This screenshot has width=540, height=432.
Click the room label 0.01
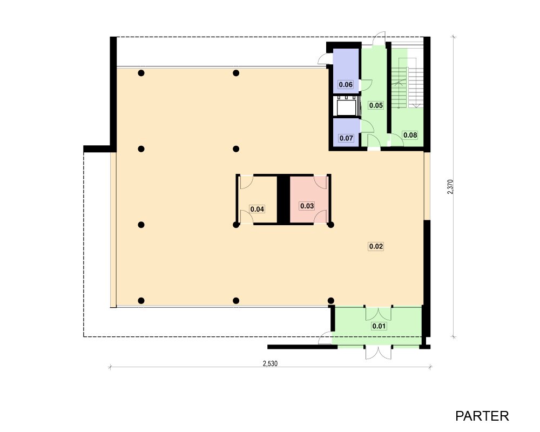tap(379, 326)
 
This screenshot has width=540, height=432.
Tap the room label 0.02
tap(376, 246)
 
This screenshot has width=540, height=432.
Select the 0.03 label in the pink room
tap(307, 206)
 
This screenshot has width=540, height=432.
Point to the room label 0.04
tap(257, 209)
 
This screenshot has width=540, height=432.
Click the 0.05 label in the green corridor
tap(376, 105)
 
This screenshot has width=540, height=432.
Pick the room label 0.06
tap(346, 85)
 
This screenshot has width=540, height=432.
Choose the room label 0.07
tap(346, 138)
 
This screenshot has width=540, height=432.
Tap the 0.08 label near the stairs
tap(410, 135)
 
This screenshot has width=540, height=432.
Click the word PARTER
tap(482, 416)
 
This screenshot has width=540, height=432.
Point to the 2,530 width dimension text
tap(270, 363)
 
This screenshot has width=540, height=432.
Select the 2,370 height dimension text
tap(450, 187)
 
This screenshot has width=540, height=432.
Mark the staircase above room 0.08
tap(407, 78)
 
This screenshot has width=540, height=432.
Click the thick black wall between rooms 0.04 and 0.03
tap(283, 200)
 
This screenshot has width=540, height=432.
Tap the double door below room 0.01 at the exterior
tap(378, 353)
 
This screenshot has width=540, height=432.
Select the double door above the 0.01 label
tap(378, 313)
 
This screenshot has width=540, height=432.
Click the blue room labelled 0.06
tap(346, 71)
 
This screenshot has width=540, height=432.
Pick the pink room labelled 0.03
tap(308, 200)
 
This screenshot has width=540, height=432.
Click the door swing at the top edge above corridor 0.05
tap(380, 38)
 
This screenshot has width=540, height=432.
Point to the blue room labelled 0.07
tap(346, 132)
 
